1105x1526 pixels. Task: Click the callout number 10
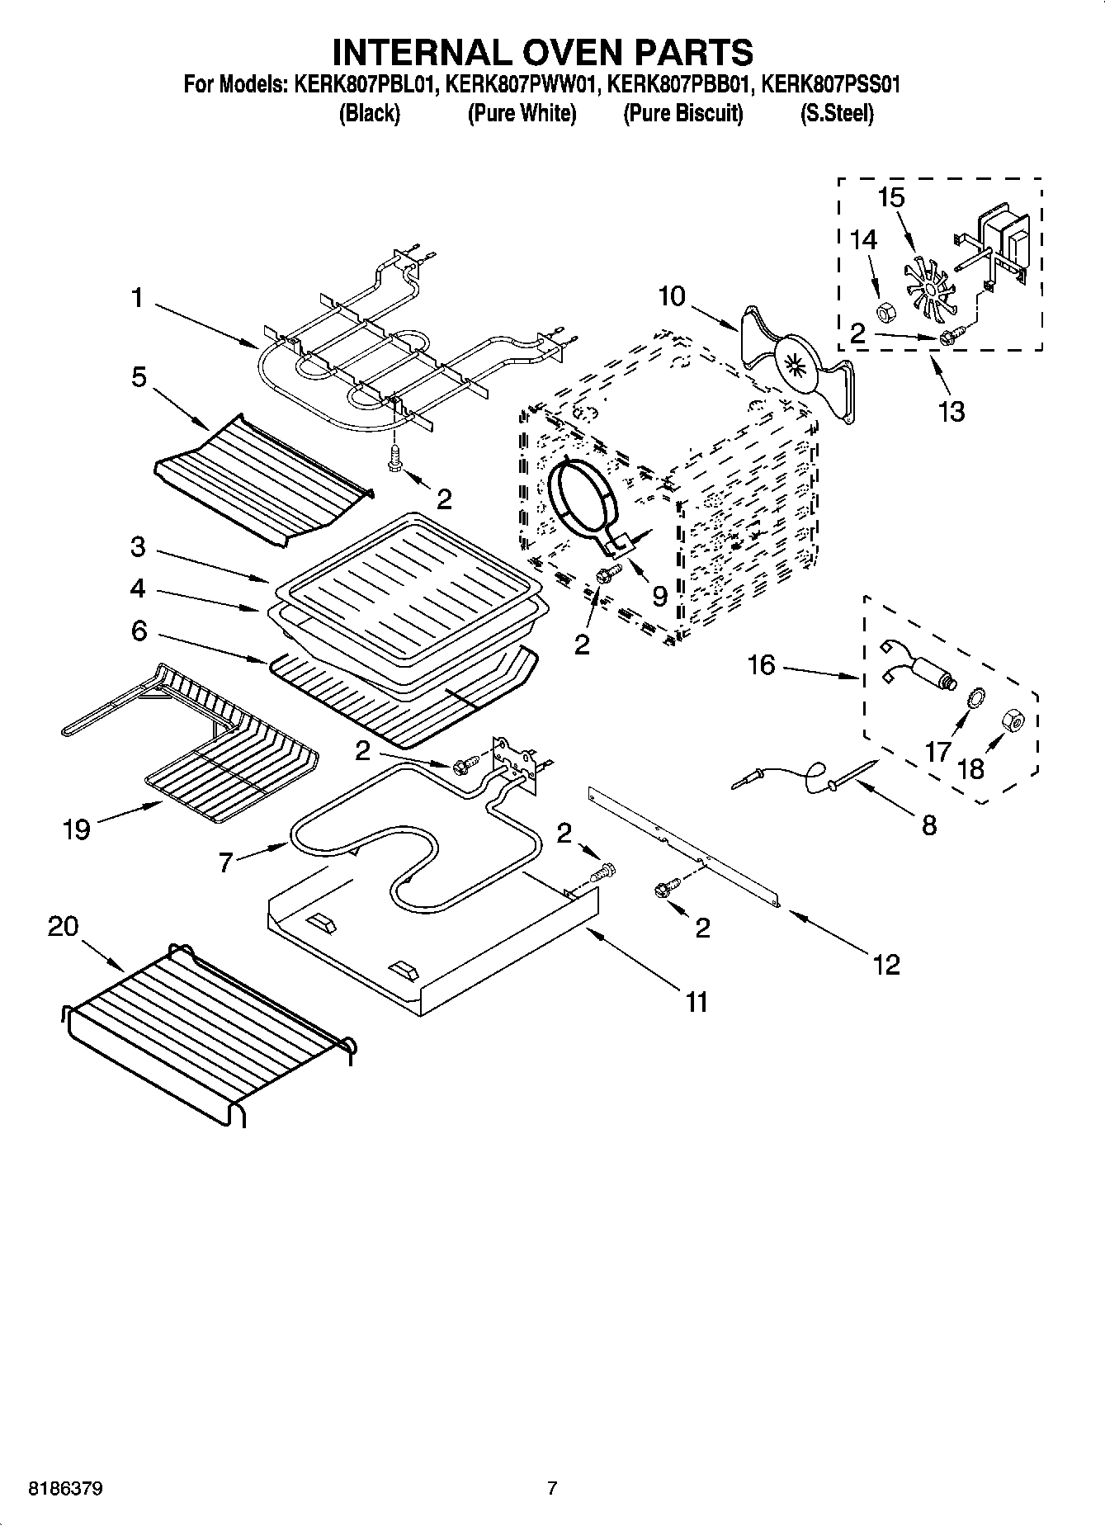[x=672, y=296]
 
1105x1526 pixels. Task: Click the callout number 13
[x=952, y=410]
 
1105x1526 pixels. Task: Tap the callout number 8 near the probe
[x=929, y=824]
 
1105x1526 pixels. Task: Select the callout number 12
[x=886, y=963]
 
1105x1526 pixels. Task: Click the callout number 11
[x=697, y=1002]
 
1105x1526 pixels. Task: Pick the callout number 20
[x=63, y=926]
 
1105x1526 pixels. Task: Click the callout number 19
[x=76, y=829]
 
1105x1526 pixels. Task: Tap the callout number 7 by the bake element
[x=226, y=862]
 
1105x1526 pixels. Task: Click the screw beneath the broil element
[x=395, y=458]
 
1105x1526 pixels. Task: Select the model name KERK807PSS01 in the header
[x=830, y=84]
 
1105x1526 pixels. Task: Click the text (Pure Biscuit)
[x=682, y=113]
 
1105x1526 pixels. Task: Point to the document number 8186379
[x=66, y=1490]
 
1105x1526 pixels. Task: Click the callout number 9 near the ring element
[x=659, y=595]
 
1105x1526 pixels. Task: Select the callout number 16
[x=761, y=664]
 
